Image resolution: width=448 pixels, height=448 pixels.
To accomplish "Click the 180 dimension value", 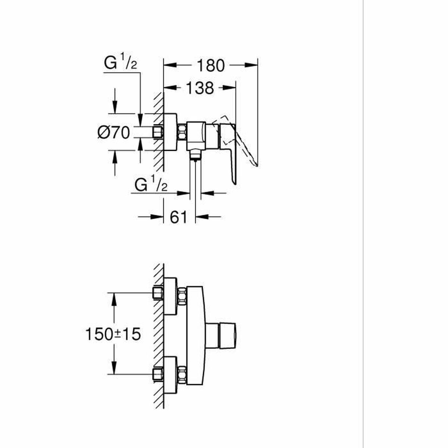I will point(211,65).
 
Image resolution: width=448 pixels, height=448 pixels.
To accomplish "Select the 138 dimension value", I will point(200,88).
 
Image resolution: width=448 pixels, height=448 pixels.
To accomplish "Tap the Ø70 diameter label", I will point(113,132).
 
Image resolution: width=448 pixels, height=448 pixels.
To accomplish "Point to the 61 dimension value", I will point(178,217).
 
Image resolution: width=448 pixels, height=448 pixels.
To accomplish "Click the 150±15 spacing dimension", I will point(113,334).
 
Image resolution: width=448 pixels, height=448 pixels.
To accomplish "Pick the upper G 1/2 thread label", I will point(121,63).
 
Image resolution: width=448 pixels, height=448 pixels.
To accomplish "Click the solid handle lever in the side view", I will point(229,149).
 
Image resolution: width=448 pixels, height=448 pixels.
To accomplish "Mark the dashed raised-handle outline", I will point(243,146).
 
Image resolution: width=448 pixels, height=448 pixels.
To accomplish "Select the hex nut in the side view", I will point(183,132).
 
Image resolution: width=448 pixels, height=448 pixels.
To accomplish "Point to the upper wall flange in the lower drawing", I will point(170,296).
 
